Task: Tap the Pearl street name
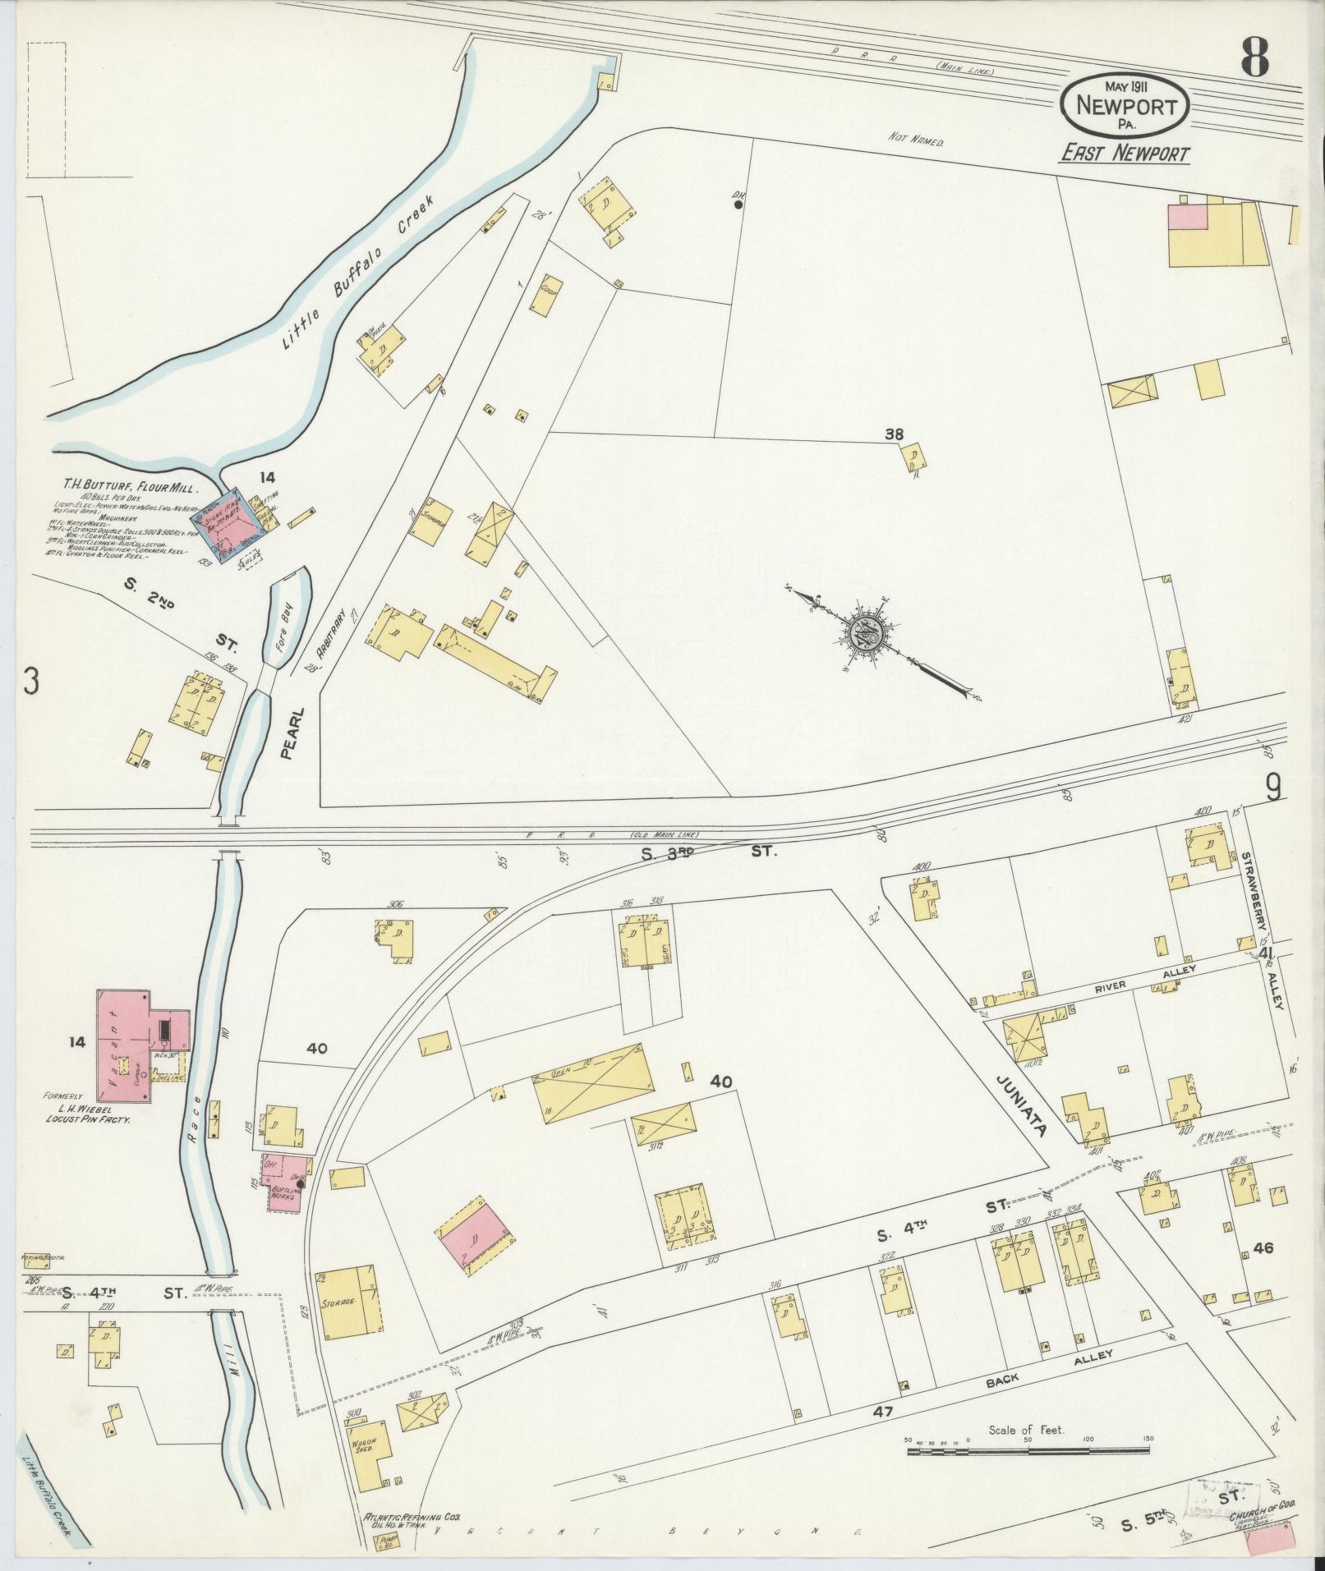click(288, 733)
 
